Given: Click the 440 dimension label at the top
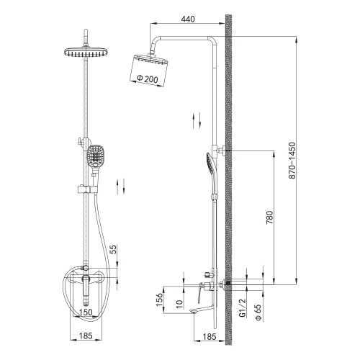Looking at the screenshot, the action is click(188, 19).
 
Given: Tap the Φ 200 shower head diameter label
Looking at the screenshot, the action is click(148, 78).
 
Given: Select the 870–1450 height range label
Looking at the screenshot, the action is click(292, 161).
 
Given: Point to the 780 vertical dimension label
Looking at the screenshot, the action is click(270, 217).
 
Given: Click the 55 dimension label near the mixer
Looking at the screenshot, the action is click(114, 249).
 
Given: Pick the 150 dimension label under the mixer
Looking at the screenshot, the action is click(86, 312).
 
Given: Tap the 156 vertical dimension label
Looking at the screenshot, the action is click(160, 300).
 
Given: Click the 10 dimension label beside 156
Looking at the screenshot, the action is click(180, 304).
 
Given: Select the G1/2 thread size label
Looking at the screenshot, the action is click(243, 308).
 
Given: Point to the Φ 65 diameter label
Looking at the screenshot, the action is click(258, 312).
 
